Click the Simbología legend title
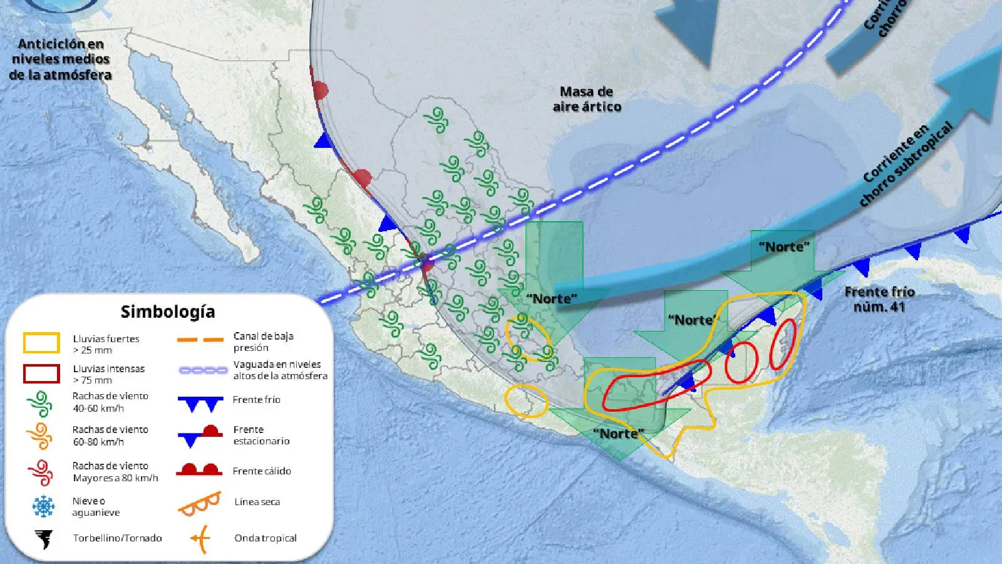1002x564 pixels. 167,311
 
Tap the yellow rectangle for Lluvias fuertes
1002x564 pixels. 41,343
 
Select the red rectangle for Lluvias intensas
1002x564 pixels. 41,373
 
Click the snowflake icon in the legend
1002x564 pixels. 43,506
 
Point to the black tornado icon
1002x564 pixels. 44,538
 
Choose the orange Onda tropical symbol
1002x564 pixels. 200,538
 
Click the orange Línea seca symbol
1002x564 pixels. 200,503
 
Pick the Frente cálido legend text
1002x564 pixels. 262,471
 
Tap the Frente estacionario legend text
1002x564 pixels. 261,435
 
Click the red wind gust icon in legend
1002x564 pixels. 41,472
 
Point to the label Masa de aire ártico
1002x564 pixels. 587,99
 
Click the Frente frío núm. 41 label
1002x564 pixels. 879,299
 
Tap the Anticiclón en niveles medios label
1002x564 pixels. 60,59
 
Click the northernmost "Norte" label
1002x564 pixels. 784,246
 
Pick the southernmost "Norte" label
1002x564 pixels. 618,433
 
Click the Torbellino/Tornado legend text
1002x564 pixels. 117,538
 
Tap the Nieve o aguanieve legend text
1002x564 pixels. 96,506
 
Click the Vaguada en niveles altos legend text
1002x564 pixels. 280,370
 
